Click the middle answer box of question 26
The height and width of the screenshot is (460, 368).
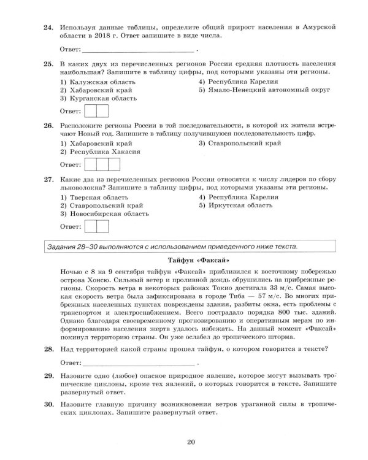click(101, 164)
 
